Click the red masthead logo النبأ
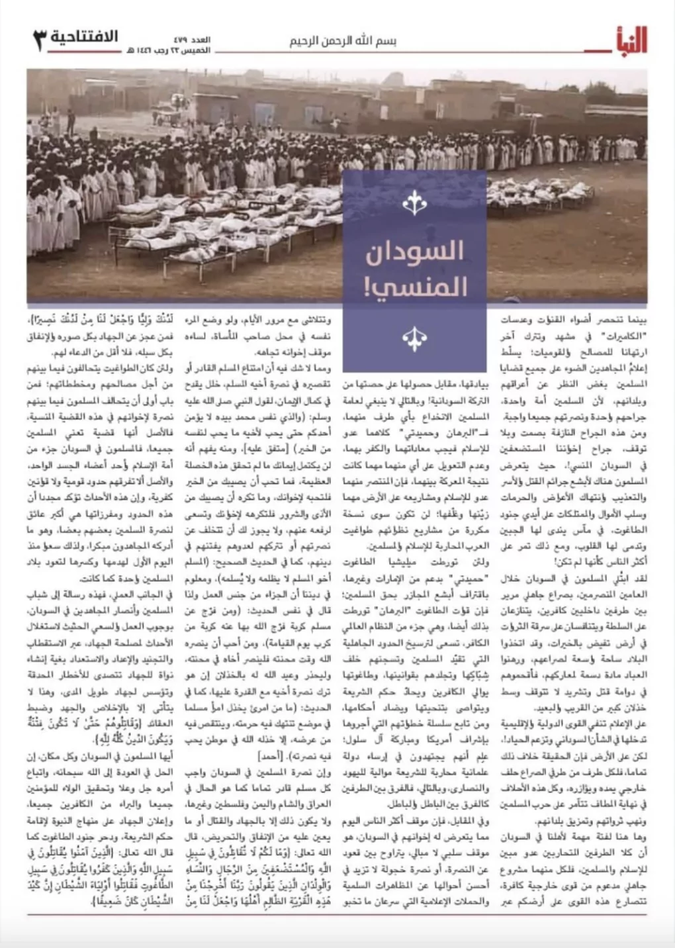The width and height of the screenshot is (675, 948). [x=627, y=40]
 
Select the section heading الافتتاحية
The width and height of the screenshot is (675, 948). [x=84, y=36]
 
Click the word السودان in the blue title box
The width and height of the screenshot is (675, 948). [x=415, y=253]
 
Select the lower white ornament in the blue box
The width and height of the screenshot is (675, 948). [x=414, y=337]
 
